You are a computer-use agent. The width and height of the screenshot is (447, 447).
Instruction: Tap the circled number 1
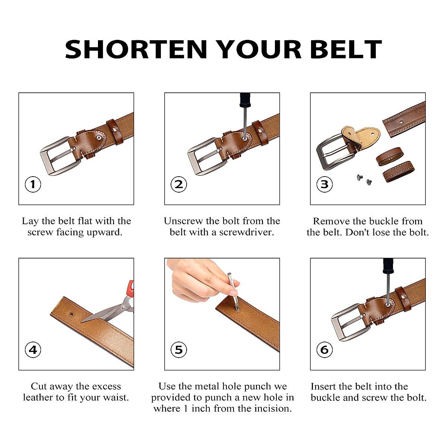(33, 184)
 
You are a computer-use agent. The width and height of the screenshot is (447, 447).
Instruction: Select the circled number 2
(178, 184)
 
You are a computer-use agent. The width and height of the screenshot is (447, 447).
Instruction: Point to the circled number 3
(324, 184)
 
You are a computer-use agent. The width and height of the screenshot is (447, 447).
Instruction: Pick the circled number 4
(33, 350)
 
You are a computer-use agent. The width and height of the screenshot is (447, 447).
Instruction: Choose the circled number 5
(178, 350)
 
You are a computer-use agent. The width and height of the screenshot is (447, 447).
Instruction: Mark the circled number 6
(324, 350)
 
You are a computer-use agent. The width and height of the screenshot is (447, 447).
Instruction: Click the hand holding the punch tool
(197, 278)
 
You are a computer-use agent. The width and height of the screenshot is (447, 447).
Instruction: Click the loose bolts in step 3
(365, 180)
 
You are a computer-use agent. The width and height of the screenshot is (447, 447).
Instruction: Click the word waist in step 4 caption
(114, 398)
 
